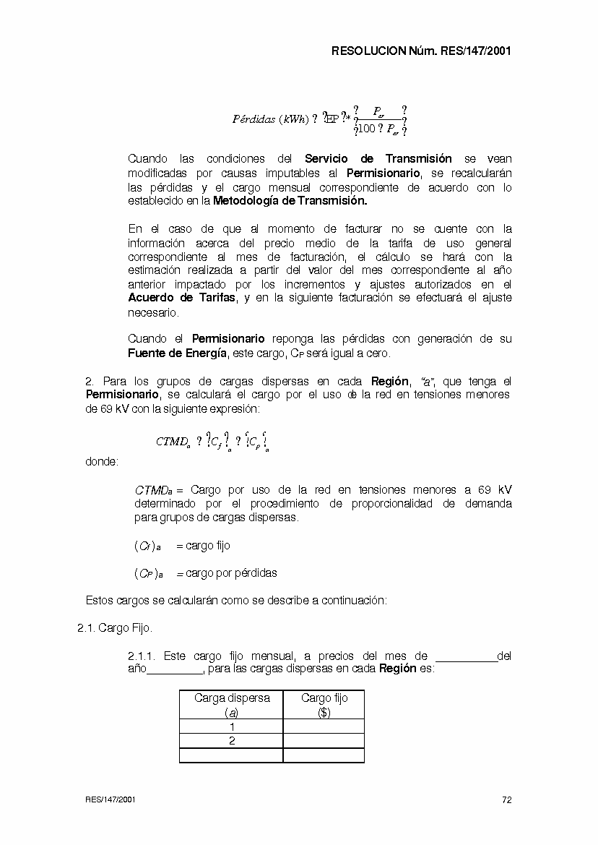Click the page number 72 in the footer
coord(506,799)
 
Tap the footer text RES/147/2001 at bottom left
coord(110,799)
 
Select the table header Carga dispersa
coord(232,698)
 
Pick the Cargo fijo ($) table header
coord(324,705)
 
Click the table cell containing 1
coord(232,726)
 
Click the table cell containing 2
coord(232,741)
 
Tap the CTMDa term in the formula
coord(173,442)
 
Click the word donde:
coord(102,461)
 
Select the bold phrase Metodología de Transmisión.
coord(290,201)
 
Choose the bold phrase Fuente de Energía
coord(178,353)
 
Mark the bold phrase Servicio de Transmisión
coord(378,158)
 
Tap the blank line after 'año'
coord(175,669)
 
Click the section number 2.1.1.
coord(142,656)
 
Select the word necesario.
coord(152,313)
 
